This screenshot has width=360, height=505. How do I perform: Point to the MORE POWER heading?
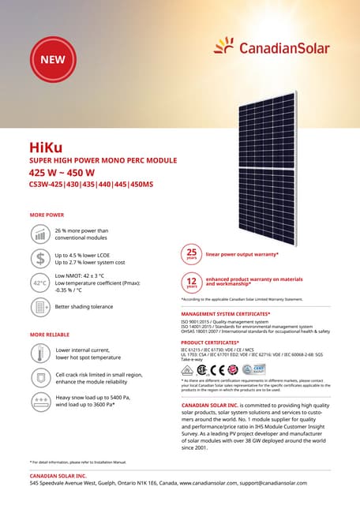(47, 215)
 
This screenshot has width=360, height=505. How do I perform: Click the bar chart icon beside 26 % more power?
(39, 234)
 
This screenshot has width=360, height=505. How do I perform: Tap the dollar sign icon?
(39, 258)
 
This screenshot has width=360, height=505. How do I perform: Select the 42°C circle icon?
(39, 282)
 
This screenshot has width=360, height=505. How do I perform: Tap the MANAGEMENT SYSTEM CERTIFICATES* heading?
(226, 314)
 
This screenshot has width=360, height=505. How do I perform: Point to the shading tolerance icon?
(39, 306)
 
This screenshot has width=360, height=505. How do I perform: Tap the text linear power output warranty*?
(242, 255)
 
